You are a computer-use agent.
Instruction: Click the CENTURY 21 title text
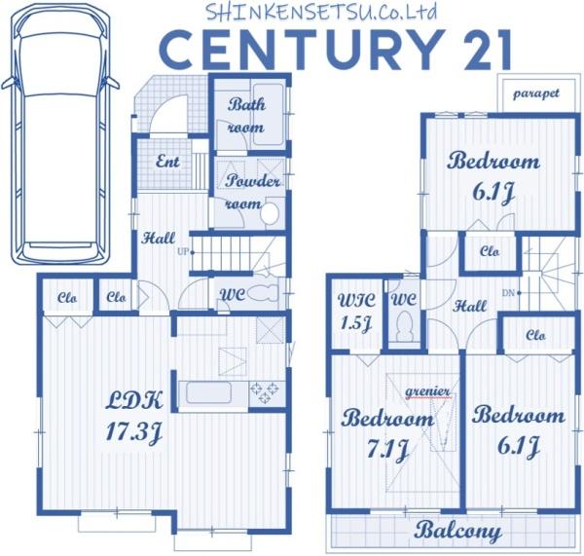point(337,50)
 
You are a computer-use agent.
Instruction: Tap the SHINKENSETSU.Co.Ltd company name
point(321,11)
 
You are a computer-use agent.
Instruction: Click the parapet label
point(536,93)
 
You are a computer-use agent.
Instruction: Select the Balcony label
point(458,531)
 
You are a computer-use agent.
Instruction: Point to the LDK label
point(134,400)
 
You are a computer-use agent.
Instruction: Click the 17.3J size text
point(133,432)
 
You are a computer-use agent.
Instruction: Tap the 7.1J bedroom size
point(387,449)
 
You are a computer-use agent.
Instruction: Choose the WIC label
point(356,300)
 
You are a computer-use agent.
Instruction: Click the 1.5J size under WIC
point(356,323)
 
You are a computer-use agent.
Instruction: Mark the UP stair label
point(183,252)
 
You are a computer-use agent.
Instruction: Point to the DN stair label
point(508,293)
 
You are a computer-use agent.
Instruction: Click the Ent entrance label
point(167,162)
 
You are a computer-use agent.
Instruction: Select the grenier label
point(427,392)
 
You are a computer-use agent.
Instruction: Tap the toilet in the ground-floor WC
point(263,293)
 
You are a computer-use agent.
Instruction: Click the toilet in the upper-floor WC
point(405,325)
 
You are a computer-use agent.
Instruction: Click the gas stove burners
point(265,392)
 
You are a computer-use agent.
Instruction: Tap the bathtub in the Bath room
point(269,114)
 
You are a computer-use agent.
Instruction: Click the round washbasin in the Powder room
point(270,213)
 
